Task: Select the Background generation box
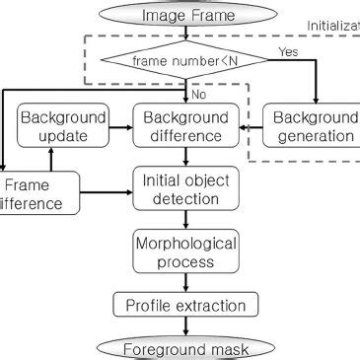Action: [x=316, y=125]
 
